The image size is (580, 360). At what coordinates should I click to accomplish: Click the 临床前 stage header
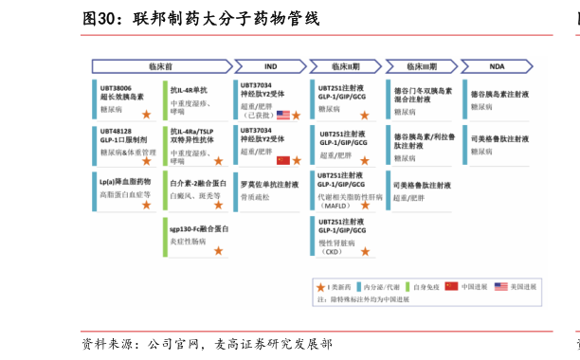click(x=161, y=66)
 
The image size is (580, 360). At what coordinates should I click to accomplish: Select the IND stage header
click(x=270, y=66)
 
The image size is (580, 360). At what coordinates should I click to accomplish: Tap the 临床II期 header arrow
click(x=346, y=66)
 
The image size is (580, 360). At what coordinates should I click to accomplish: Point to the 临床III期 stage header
click(x=423, y=66)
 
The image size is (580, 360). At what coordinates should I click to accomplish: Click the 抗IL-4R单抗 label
click(x=189, y=90)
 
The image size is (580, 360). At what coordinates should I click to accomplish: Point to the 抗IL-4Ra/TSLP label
click(x=192, y=132)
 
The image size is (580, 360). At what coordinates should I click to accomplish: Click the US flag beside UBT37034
click(x=283, y=116)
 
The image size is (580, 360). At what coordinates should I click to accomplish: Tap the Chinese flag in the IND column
click(x=283, y=161)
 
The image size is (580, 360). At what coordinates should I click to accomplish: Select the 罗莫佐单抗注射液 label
click(x=270, y=185)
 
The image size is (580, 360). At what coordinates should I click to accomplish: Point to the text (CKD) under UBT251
click(x=331, y=252)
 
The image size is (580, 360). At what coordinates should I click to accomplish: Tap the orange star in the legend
click(x=320, y=286)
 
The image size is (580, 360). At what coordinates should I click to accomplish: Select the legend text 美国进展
click(x=523, y=286)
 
